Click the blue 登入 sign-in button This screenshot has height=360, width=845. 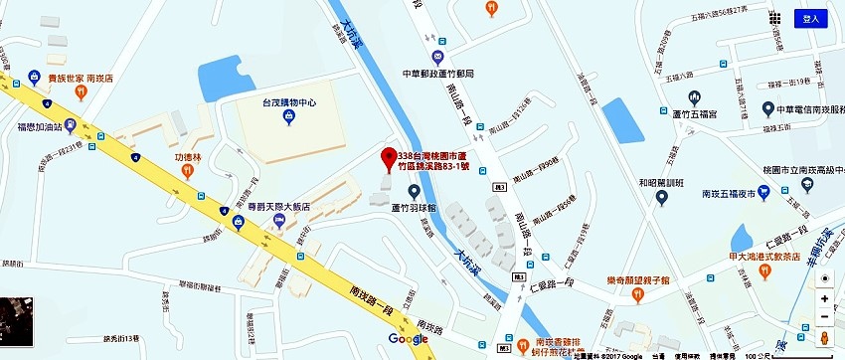tap(810, 18)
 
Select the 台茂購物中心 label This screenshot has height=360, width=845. tap(289, 101)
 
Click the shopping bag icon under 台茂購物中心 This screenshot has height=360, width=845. tap(289, 117)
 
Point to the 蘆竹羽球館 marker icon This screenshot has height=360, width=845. tap(414, 191)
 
